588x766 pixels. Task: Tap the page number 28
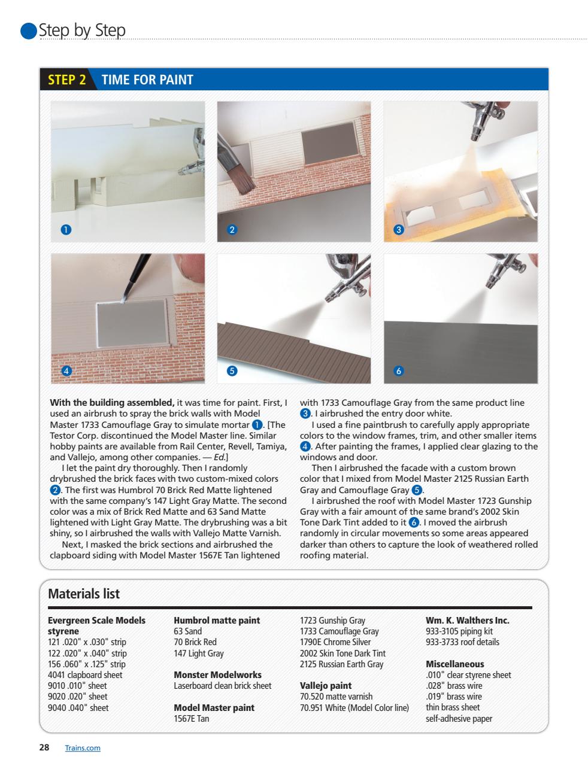click(x=44, y=747)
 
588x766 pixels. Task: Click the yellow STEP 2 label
click(x=66, y=80)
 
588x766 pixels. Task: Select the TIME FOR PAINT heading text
click(x=147, y=80)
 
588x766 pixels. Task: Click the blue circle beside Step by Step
click(x=28, y=31)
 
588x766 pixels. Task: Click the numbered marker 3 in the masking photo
click(x=399, y=230)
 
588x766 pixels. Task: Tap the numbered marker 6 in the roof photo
click(x=399, y=371)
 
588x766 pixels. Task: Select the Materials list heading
click(x=84, y=594)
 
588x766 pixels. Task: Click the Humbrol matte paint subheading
click(x=217, y=621)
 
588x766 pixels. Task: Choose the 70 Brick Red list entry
click(x=195, y=642)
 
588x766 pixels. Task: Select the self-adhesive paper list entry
click(x=459, y=719)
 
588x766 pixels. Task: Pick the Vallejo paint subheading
click(x=325, y=686)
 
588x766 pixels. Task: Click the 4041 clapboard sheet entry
click(x=85, y=675)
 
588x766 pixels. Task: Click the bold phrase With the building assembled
click(x=112, y=403)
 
